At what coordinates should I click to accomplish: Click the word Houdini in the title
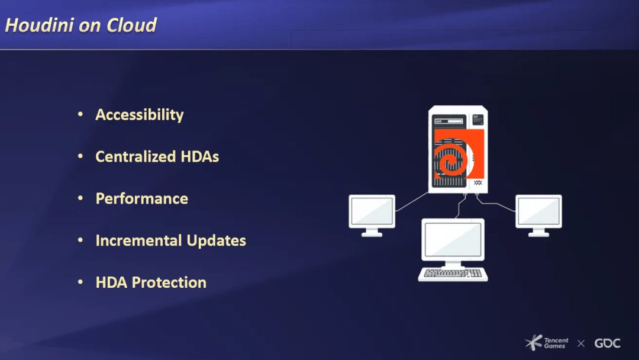(x=40, y=25)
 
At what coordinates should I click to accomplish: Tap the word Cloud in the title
(x=131, y=25)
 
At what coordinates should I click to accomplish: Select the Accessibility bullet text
(x=140, y=115)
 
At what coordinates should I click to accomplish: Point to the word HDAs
(x=200, y=156)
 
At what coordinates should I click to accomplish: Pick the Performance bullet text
(x=142, y=198)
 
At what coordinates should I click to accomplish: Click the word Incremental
(x=138, y=240)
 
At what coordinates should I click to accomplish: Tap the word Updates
(x=217, y=241)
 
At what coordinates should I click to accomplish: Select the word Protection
(x=169, y=282)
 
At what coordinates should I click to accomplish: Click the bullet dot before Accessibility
(x=80, y=114)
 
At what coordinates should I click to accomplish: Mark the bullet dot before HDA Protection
(x=80, y=282)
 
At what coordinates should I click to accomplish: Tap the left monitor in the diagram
(x=372, y=216)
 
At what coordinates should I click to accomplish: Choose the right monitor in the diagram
(x=539, y=216)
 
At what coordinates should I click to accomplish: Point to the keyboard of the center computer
(x=453, y=274)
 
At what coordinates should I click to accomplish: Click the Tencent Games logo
(x=547, y=342)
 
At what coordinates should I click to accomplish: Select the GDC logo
(x=607, y=343)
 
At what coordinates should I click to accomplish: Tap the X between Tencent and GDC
(x=581, y=343)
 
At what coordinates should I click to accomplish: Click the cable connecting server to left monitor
(x=412, y=202)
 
